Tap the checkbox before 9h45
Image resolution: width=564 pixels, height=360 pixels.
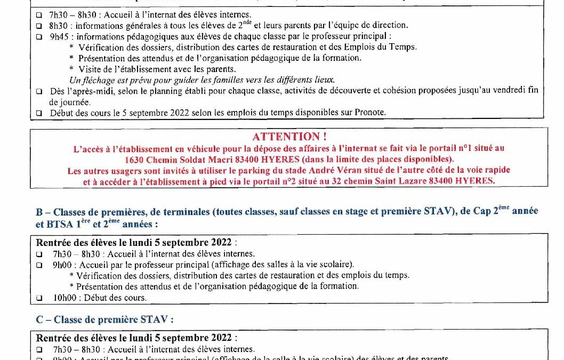(39, 37)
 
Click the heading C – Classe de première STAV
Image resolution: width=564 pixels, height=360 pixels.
(104, 320)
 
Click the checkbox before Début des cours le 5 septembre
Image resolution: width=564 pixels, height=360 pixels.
(39, 113)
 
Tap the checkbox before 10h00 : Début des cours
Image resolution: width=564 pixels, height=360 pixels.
(39, 298)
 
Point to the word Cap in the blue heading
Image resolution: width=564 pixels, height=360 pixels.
(484, 212)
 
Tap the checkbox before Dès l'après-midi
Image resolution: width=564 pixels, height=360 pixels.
(39, 91)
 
